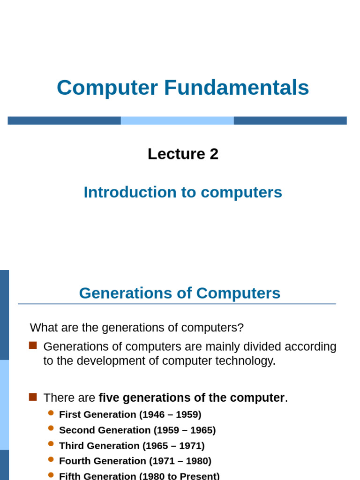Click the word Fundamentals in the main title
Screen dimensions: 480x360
coord(236,88)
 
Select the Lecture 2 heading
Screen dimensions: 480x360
coord(183,154)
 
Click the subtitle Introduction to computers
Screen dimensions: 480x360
coord(183,192)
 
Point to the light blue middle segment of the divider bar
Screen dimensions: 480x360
coord(177,120)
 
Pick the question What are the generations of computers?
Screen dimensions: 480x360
coord(137,327)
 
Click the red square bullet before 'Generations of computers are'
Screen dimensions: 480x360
coord(33,346)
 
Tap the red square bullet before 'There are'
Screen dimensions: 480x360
coord(33,397)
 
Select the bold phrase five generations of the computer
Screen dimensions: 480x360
coord(191,397)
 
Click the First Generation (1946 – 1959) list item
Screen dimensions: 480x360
coord(130,414)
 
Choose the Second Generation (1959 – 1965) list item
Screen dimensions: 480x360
coord(137,430)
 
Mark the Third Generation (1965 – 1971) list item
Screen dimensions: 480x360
coord(132,445)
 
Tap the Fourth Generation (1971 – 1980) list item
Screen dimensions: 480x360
coord(135,461)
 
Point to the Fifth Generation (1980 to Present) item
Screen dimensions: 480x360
coord(139,476)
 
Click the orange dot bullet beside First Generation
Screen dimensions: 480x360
coord(51,413)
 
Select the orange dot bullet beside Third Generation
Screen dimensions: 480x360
coord(51,444)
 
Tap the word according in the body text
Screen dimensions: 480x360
coord(313,347)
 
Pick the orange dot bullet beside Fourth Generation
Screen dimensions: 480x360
coord(51,459)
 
